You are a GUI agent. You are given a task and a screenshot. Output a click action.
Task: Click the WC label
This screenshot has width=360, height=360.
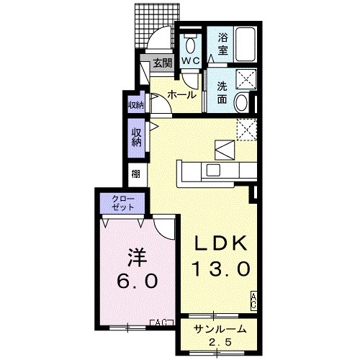(x=190, y=60)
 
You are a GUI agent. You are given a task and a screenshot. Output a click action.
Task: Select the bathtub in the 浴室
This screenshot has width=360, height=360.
(x=245, y=45)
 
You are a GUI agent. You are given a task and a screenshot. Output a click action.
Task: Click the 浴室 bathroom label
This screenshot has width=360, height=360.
(x=222, y=44)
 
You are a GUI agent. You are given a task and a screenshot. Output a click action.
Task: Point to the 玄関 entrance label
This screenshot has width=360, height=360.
(x=163, y=63)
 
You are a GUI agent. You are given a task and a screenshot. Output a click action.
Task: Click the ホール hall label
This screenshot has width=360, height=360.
(x=181, y=95)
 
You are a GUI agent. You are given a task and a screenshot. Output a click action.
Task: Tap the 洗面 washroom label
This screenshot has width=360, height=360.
(x=222, y=93)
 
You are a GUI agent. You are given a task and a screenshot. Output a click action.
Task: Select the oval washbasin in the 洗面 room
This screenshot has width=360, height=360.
(x=241, y=102)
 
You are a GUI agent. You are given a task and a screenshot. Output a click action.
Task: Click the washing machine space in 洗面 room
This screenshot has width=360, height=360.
(x=246, y=79)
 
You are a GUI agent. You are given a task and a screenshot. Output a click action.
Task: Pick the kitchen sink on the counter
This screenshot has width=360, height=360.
(x=213, y=171)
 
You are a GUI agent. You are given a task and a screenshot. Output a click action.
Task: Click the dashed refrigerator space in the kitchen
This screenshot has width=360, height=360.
(x=247, y=130)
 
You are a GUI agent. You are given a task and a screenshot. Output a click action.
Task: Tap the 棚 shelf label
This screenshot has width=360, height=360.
(x=135, y=174)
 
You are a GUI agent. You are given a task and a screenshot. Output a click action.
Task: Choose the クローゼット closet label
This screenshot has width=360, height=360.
(x=123, y=203)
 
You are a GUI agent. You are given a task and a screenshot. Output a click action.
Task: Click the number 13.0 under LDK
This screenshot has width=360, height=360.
(x=222, y=269)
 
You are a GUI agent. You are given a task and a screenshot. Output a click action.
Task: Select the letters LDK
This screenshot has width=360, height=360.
(x=221, y=243)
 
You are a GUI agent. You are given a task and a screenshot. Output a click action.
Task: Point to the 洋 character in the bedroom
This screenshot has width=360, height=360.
(x=138, y=257)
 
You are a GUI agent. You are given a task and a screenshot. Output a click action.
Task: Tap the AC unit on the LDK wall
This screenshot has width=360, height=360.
(x=253, y=301)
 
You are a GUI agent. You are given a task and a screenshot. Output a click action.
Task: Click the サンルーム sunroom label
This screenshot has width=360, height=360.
(x=221, y=329)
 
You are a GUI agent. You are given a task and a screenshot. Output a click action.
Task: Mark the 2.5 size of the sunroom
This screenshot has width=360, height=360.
(x=220, y=342)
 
